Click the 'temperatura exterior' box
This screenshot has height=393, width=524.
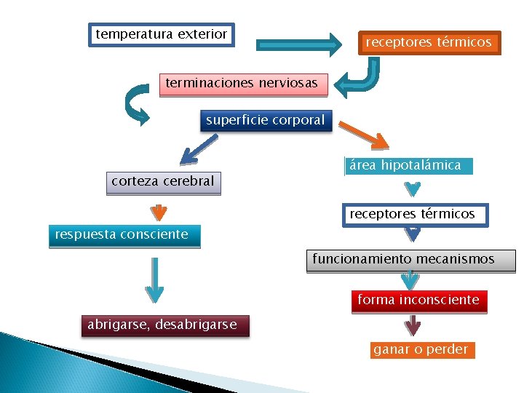tap(162, 34)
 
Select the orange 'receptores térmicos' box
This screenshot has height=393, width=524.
tap(428, 43)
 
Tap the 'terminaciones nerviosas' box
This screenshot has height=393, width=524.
tap(242, 84)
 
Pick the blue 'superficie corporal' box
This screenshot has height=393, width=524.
tap(265, 121)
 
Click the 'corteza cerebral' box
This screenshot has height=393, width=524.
tap(163, 182)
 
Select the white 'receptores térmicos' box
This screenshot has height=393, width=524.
tap(412, 215)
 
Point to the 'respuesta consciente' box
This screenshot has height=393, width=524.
tap(123, 235)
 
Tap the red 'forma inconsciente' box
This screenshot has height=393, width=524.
tap(418, 301)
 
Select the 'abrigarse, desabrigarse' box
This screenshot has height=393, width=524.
tap(163, 325)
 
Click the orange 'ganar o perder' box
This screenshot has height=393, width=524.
tap(421, 350)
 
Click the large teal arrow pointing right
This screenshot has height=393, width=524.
tap(299, 44)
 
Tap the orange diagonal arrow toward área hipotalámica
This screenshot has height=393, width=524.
tap(364, 136)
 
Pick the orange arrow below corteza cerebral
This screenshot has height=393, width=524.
tap(158, 212)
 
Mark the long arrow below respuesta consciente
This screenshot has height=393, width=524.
tap(154, 279)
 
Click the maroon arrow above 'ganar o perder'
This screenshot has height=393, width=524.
tap(413, 325)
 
